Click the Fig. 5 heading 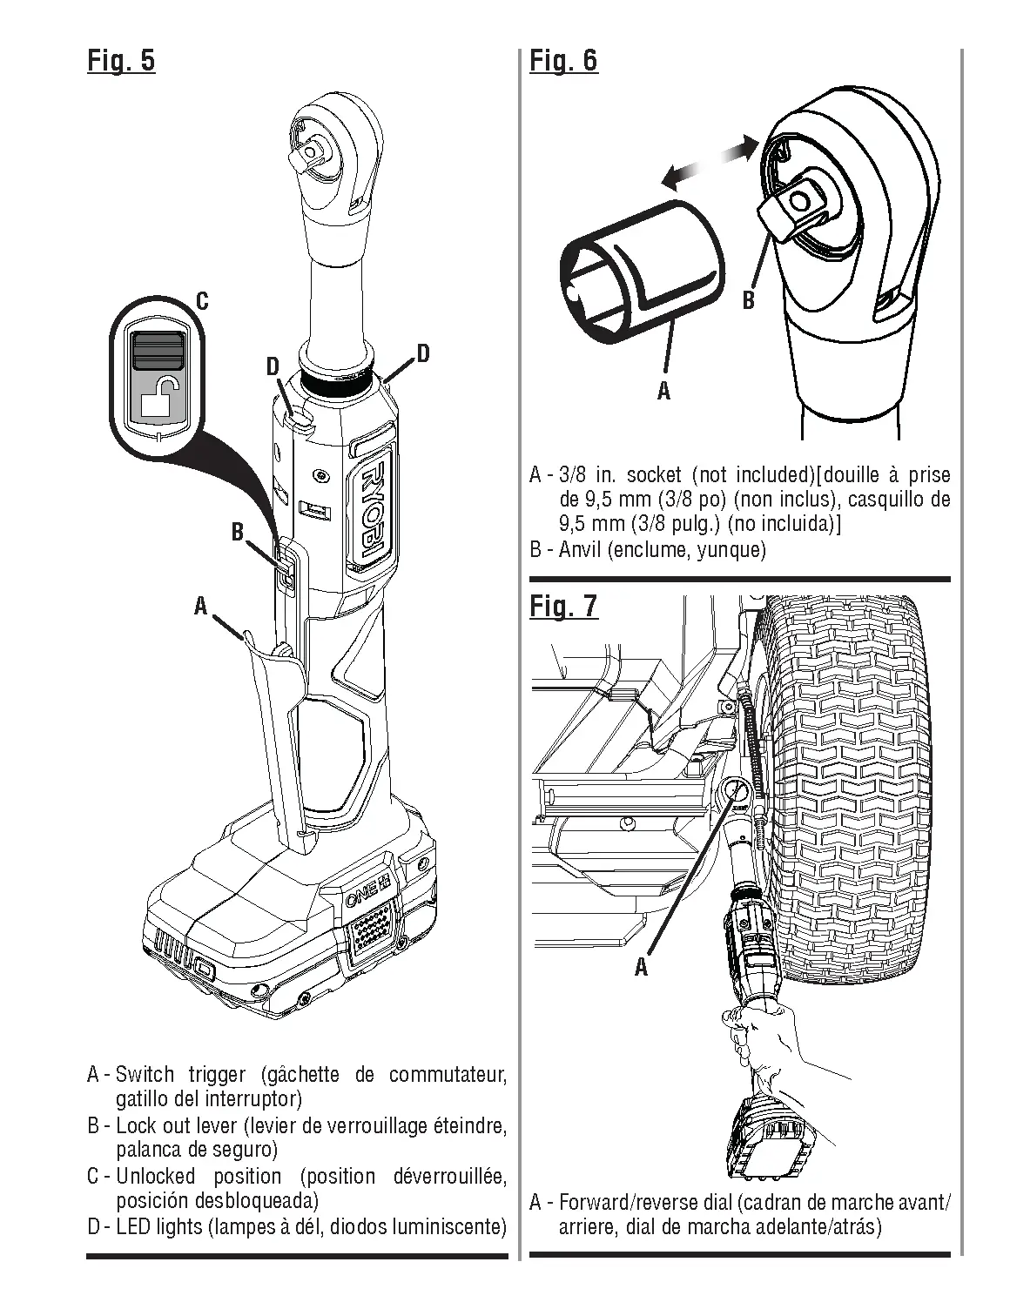[x=121, y=61]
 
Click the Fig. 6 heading [x=563, y=61]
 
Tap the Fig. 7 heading [x=563, y=606]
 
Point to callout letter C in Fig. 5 [x=202, y=302]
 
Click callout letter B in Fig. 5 [x=237, y=532]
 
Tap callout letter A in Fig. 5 [x=201, y=606]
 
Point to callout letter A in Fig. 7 [x=642, y=967]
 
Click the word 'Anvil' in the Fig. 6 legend [x=582, y=550]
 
